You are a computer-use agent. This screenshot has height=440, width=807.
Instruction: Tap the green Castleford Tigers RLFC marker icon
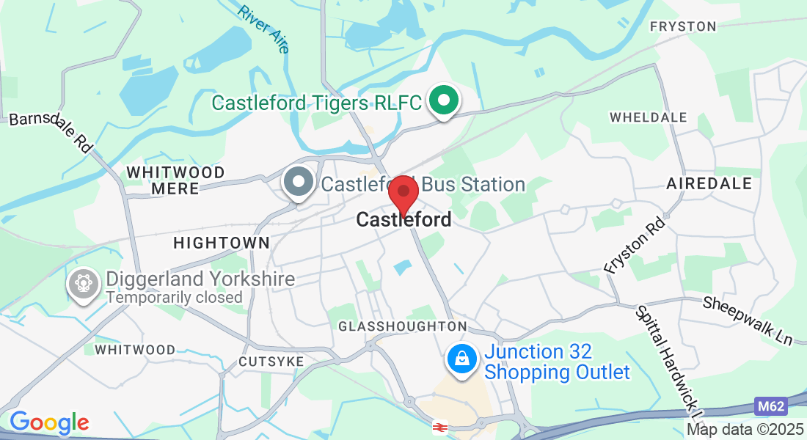click(443, 101)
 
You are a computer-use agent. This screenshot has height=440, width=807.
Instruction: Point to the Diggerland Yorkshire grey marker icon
click(83, 284)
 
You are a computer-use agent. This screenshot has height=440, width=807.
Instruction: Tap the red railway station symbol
click(440, 426)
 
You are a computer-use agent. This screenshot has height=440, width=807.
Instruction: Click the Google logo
click(49, 422)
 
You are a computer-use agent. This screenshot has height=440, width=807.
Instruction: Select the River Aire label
click(264, 29)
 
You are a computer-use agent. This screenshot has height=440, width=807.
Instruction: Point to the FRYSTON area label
click(683, 26)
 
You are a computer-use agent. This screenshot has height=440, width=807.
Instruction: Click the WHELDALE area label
click(649, 117)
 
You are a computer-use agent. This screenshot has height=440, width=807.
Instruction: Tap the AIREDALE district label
click(709, 183)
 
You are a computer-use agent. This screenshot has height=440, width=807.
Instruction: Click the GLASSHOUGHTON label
click(402, 326)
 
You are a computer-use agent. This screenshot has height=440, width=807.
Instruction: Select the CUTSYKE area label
click(271, 362)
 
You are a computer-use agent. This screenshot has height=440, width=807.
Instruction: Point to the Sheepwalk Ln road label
click(748, 320)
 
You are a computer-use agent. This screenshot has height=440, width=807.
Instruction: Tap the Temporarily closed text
click(174, 297)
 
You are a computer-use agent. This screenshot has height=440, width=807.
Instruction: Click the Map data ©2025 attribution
click(745, 430)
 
